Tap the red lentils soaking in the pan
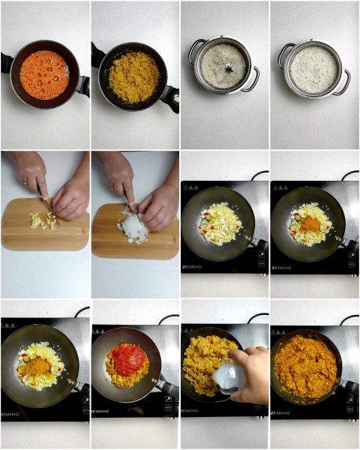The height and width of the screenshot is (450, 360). [x=43, y=75]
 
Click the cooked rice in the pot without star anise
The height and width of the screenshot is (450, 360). [x=313, y=70]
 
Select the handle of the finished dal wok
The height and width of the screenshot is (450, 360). [x=349, y=387]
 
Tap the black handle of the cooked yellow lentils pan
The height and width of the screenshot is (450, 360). [x=171, y=97]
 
